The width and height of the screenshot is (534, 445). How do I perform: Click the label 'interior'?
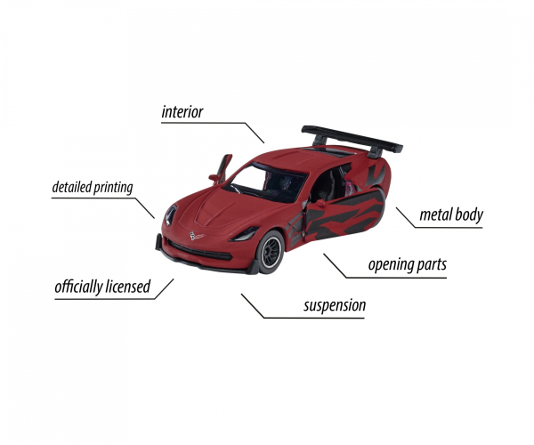click(182, 112)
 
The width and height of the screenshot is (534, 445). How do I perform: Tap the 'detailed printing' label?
click(93, 187)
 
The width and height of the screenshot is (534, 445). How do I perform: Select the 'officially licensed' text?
click(102, 287)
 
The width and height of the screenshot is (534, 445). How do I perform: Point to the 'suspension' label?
click(335, 305)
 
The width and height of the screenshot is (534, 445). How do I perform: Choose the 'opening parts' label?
click(408, 265)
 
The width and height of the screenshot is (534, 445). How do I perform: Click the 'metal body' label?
click(451, 214)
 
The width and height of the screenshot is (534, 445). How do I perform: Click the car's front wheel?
click(270, 252)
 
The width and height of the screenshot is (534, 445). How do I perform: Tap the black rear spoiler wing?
click(352, 140)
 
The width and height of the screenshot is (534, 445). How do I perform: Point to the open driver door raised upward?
click(222, 169)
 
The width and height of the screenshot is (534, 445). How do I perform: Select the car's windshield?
click(265, 183)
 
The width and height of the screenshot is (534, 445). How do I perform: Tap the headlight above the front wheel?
click(245, 234)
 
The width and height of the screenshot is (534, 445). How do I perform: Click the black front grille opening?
click(199, 251)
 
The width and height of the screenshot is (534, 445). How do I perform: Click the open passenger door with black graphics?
click(344, 214)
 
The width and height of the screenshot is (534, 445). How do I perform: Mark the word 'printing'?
click(113, 188)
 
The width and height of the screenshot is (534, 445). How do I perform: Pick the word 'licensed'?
click(127, 286)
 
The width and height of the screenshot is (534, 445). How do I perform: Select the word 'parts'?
click(432, 265)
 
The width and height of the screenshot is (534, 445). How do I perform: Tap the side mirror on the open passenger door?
click(320, 203)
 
